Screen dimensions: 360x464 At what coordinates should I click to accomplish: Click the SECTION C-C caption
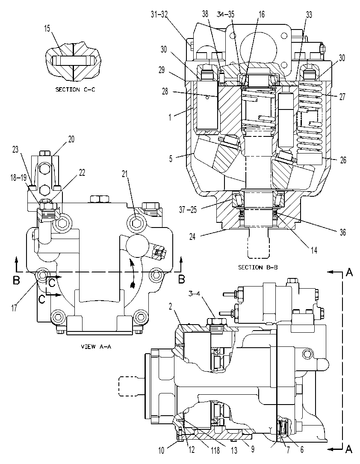[75, 89]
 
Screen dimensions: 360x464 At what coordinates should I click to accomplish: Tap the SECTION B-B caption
[258, 268]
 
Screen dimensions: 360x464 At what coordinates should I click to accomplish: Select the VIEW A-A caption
[96, 346]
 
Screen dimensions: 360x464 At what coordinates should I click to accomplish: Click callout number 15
[47, 28]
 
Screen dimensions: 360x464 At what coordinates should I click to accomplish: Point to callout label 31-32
[159, 14]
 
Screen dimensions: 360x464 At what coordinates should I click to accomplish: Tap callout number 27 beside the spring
[342, 97]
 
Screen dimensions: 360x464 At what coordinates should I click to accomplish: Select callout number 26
[343, 160]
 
